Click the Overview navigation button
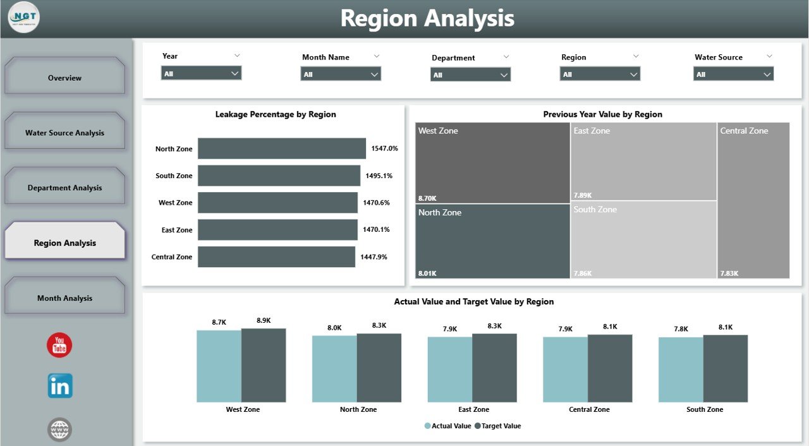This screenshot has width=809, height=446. [x=64, y=78]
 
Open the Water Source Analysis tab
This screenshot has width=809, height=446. [x=64, y=133]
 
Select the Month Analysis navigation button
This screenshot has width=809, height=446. [x=64, y=298]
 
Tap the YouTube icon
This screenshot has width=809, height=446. [x=59, y=345]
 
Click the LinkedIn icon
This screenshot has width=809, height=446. [x=60, y=385]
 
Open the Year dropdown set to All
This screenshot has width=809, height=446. [x=201, y=73]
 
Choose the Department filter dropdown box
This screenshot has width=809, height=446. [x=470, y=75]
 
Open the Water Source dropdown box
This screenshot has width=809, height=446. [x=733, y=74]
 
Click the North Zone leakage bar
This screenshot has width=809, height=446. [x=281, y=148]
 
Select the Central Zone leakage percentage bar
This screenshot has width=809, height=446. [x=276, y=256]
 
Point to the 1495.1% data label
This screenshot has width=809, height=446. [x=379, y=176]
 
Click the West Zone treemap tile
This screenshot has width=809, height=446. [x=492, y=163]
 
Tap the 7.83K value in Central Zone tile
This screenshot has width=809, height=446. [x=729, y=274]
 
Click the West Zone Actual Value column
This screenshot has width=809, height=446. [x=219, y=366]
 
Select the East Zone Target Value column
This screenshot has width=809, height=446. [x=494, y=368]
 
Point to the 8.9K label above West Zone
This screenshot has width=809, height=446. [x=264, y=320]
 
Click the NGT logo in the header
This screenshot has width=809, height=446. [x=24, y=18]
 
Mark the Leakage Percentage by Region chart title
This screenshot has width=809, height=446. [x=276, y=114]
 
